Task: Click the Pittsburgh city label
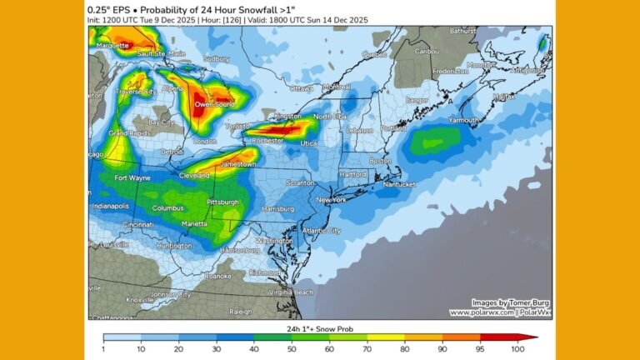222,202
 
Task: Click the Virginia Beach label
292,292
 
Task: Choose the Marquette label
112,46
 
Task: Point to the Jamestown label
239,164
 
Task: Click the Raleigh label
240,311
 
